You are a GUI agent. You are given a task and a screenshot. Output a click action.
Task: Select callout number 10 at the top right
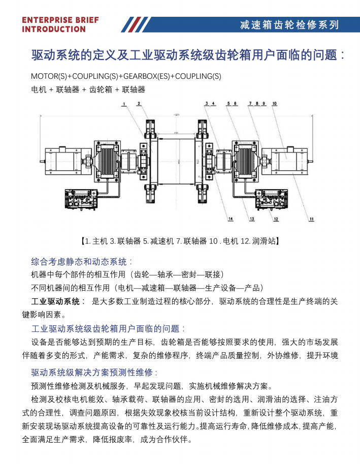click(x=275, y=104)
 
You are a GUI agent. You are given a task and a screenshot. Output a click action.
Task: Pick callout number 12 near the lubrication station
click(x=276, y=219)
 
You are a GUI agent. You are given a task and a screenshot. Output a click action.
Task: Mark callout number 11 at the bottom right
click(x=311, y=219)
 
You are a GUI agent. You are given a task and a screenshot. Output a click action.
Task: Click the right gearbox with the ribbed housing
click(x=246, y=159)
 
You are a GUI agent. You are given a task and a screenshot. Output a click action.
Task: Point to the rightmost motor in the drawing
click(x=287, y=159)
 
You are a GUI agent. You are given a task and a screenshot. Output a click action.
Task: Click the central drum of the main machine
click(x=177, y=159)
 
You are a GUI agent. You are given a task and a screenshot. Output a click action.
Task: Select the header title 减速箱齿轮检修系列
click(x=289, y=24)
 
